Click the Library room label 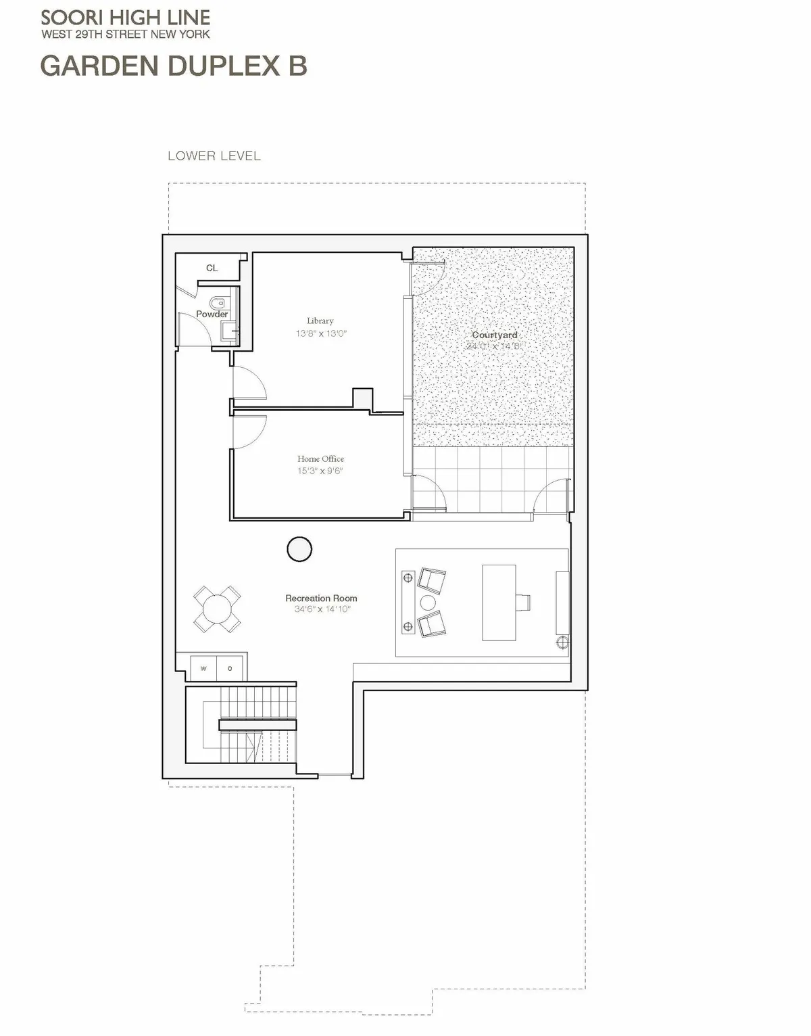[320, 321]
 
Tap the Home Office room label [320, 458]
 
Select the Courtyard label [494, 335]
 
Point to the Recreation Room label [321, 598]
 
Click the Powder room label [212, 314]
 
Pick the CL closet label [212, 268]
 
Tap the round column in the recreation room [299, 549]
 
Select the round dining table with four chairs [217, 609]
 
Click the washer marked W [203, 669]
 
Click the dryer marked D [230, 669]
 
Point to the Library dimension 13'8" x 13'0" [320, 333]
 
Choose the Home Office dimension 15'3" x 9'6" [320, 471]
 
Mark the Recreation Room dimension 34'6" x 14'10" [322, 609]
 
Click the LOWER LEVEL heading [214, 156]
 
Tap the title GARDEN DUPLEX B [174, 66]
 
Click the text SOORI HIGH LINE [125, 18]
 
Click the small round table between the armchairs [428, 603]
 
